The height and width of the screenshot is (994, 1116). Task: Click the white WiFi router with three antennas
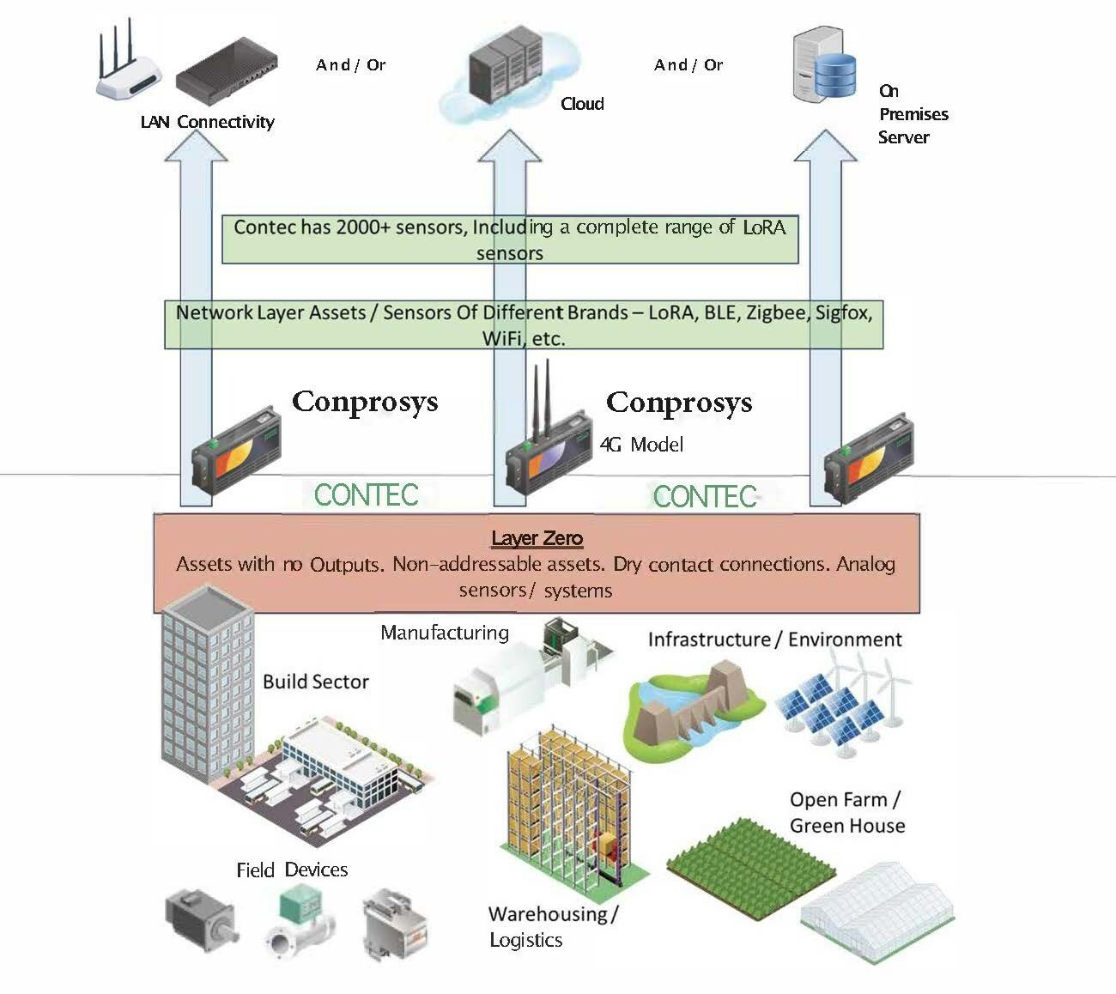click(x=127, y=74)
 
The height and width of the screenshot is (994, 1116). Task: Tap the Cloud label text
click(x=582, y=104)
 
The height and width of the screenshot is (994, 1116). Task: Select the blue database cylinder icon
click(x=835, y=75)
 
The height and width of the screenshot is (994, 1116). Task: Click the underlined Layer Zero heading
click(x=537, y=538)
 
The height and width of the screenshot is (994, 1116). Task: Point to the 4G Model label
click(x=641, y=444)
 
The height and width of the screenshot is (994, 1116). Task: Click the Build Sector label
click(x=315, y=682)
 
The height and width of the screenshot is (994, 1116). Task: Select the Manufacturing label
click(x=444, y=633)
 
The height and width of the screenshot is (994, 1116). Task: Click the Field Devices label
click(x=292, y=870)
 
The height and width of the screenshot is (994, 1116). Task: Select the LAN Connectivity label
click(x=207, y=122)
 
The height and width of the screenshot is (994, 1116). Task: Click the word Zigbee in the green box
click(x=776, y=312)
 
